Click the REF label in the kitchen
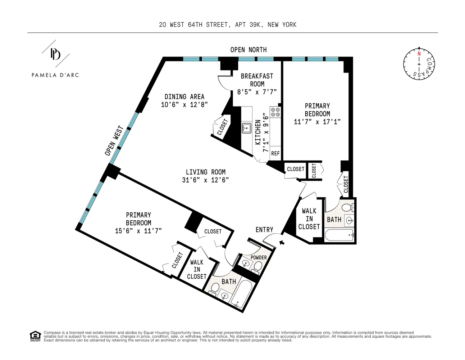(x=275, y=153)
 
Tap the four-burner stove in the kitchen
(x=275, y=112)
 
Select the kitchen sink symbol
(x=246, y=128)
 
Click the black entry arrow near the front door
(x=282, y=243)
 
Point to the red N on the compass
(x=419, y=54)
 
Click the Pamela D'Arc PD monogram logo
(x=55, y=54)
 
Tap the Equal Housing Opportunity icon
(x=35, y=336)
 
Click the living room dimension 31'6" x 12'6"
(x=205, y=180)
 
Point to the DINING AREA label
(x=184, y=96)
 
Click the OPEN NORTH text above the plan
(x=249, y=50)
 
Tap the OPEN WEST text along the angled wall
(x=114, y=141)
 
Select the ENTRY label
(x=264, y=230)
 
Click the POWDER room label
(x=259, y=257)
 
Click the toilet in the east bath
(x=347, y=208)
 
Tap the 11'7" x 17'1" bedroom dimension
(x=317, y=122)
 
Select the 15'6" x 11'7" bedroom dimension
(x=138, y=231)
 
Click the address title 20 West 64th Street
(x=228, y=24)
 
